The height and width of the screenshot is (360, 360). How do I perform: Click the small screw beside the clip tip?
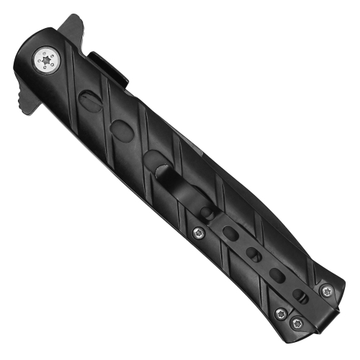pyautogui.click(x=199, y=231)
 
